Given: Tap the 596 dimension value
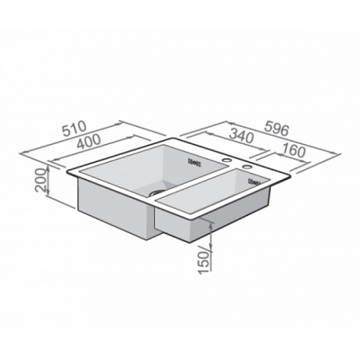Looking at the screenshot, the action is point(276,129).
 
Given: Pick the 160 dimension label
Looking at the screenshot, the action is point(294,150).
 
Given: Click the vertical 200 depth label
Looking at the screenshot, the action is point(40,180).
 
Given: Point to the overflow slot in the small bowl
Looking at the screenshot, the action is point(254,182).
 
